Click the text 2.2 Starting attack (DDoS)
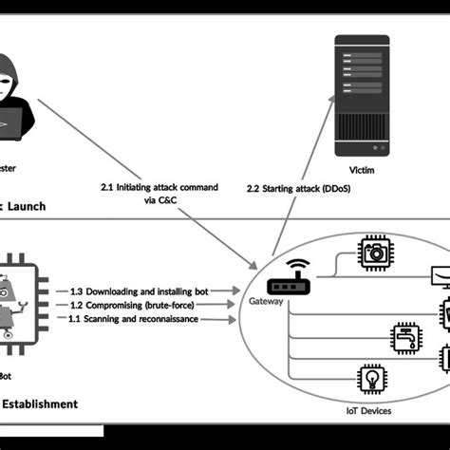296,189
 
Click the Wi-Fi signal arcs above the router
298,265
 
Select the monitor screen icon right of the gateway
440,276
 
